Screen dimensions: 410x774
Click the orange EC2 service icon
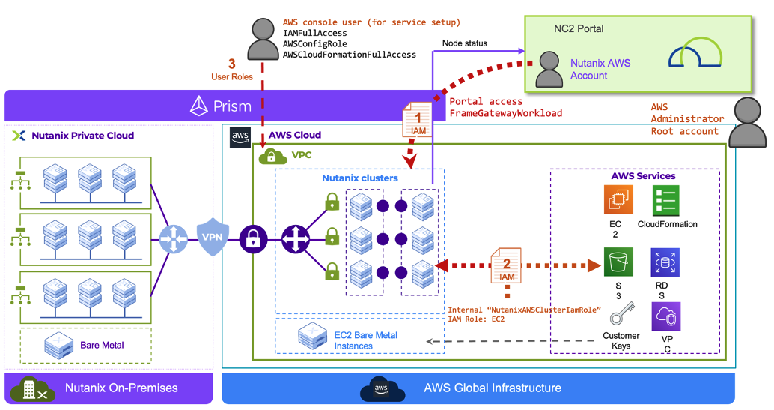tap(618, 199)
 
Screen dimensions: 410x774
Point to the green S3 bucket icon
tap(618, 262)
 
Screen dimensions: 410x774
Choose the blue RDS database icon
tap(665, 262)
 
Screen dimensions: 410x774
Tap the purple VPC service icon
tap(665, 316)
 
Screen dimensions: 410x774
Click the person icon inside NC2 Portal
tap(550, 68)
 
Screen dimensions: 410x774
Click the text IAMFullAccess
tap(314, 33)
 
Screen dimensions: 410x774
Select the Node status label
tap(464, 43)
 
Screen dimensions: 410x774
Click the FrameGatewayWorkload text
tap(505, 113)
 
